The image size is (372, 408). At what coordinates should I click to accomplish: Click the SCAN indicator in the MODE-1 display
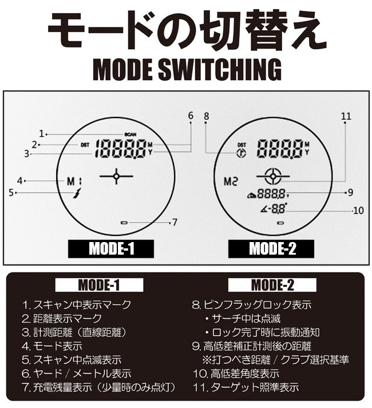(x=130, y=134)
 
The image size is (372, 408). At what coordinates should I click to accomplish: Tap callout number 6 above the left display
(x=191, y=116)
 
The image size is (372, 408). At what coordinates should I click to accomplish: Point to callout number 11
(x=346, y=116)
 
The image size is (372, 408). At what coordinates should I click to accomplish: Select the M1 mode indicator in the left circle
(x=74, y=181)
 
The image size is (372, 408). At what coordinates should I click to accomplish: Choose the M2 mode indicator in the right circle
(x=231, y=181)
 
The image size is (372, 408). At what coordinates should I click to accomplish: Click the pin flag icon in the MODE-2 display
(x=242, y=153)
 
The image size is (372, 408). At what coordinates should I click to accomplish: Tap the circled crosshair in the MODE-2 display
(x=273, y=176)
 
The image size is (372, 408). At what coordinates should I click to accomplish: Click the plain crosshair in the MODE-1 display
(x=116, y=176)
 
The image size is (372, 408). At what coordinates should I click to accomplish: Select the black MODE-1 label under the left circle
(x=111, y=249)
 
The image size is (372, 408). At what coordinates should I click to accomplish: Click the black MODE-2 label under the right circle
(x=271, y=249)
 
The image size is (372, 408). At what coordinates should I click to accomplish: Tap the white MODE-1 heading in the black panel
(x=99, y=285)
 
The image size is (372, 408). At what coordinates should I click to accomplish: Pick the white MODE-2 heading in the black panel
(x=272, y=285)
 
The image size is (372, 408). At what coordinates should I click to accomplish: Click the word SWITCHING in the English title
(x=220, y=69)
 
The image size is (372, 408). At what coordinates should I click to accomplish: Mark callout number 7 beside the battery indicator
(x=175, y=222)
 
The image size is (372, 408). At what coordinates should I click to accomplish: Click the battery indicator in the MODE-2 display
(x=280, y=223)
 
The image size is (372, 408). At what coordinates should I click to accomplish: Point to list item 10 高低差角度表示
(x=236, y=374)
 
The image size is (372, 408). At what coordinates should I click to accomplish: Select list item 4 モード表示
(x=52, y=346)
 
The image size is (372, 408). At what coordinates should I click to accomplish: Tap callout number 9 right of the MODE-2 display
(x=350, y=192)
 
